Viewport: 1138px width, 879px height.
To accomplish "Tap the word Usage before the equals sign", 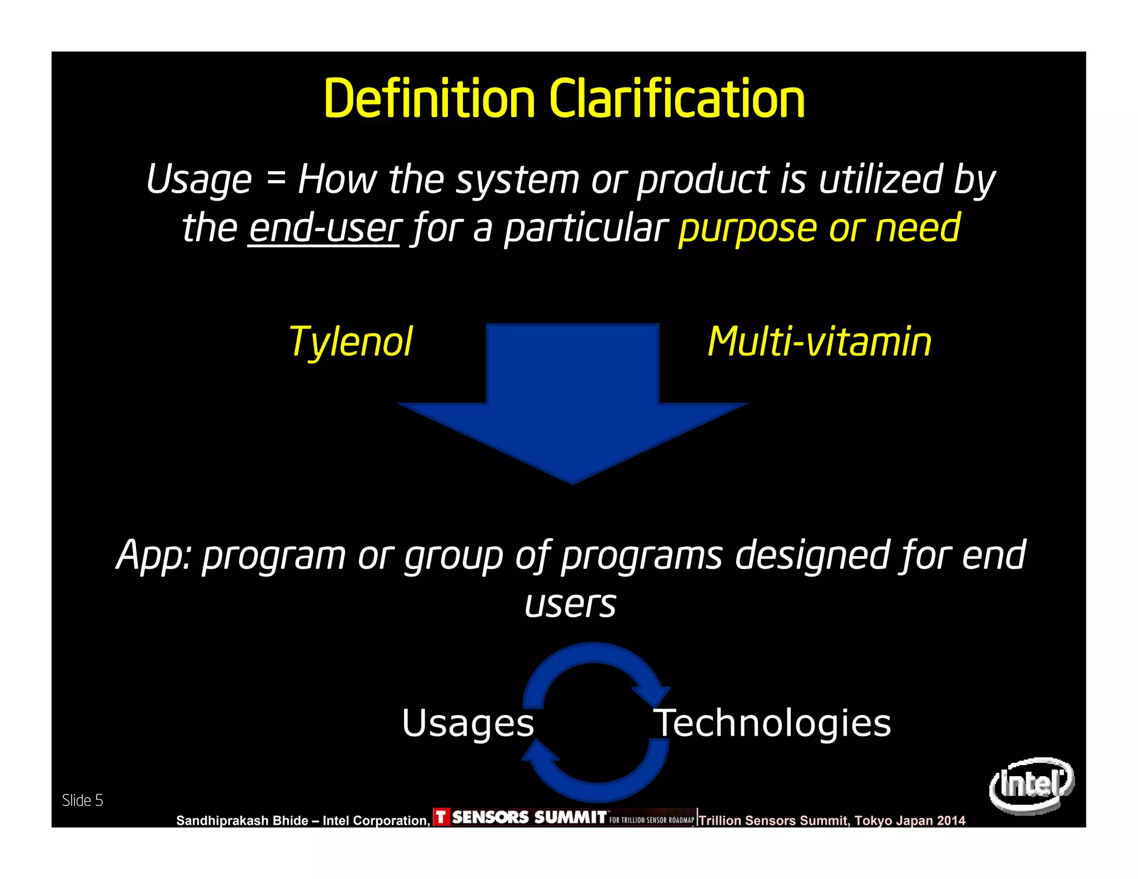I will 199,180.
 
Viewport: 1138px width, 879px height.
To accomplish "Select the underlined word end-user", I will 324,228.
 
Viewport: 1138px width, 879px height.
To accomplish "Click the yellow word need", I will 917,228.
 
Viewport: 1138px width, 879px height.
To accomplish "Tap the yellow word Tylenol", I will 351,342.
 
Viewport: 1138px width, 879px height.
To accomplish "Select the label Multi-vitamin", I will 819,342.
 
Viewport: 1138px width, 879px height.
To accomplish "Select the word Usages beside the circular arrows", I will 468,723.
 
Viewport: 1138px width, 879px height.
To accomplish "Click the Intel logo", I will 1031,785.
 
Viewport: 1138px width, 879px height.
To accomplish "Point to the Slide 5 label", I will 82,801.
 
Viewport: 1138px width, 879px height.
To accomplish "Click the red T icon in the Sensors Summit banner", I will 441,817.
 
